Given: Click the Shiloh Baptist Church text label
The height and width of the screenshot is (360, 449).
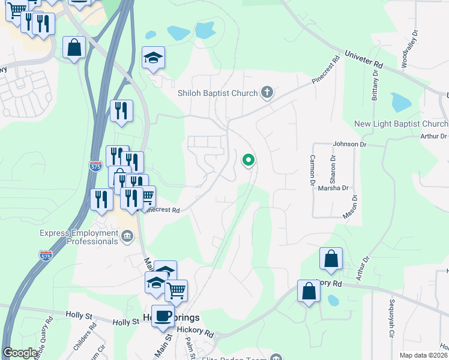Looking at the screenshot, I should (218, 93).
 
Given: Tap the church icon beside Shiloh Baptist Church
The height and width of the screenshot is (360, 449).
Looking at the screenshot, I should (267, 93).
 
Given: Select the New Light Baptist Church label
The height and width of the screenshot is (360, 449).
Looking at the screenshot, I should (401, 124).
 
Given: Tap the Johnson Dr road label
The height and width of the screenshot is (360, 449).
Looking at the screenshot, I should (349, 145).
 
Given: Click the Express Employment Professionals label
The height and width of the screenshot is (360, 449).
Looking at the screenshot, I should (79, 237).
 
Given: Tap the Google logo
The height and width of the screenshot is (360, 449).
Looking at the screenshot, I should (20, 353).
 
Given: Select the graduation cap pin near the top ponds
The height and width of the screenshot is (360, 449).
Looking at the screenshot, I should (154, 58).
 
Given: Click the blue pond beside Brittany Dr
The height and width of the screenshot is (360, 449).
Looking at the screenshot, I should (400, 102).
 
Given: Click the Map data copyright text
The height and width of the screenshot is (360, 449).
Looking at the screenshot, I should (424, 355).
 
